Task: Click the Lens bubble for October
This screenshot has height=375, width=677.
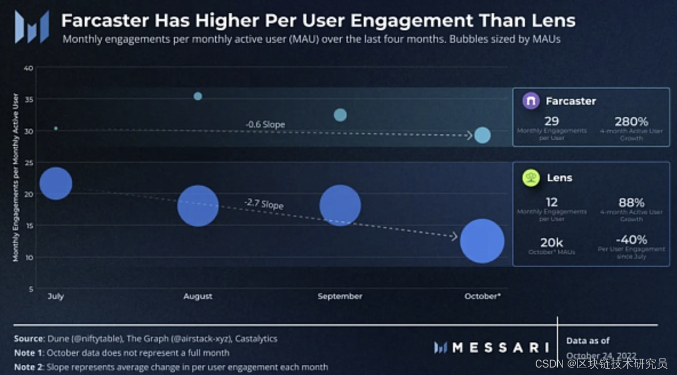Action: [482, 241]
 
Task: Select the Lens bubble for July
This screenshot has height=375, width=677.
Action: [55, 183]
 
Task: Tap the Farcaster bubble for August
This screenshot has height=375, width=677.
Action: [198, 96]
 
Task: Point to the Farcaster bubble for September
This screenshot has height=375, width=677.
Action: [340, 115]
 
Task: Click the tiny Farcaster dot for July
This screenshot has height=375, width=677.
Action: [55, 128]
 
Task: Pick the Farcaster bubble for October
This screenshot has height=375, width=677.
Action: [483, 135]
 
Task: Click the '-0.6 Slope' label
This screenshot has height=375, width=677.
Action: [265, 124]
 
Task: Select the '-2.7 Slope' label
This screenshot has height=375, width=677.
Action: [264, 203]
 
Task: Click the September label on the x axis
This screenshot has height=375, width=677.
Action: [340, 296]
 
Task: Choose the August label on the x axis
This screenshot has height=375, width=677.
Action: [198, 296]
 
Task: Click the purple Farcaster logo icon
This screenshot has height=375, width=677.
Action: [531, 101]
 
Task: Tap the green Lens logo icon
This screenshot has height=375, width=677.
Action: [531, 178]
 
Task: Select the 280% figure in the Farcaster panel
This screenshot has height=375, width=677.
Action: [631, 121]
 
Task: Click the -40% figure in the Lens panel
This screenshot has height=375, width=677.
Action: [631, 240]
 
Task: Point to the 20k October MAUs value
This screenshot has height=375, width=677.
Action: [552, 242]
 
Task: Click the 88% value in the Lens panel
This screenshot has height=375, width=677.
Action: [631, 202]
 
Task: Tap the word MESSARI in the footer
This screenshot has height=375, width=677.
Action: [499, 347]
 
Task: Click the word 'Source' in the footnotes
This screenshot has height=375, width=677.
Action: [29, 338]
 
